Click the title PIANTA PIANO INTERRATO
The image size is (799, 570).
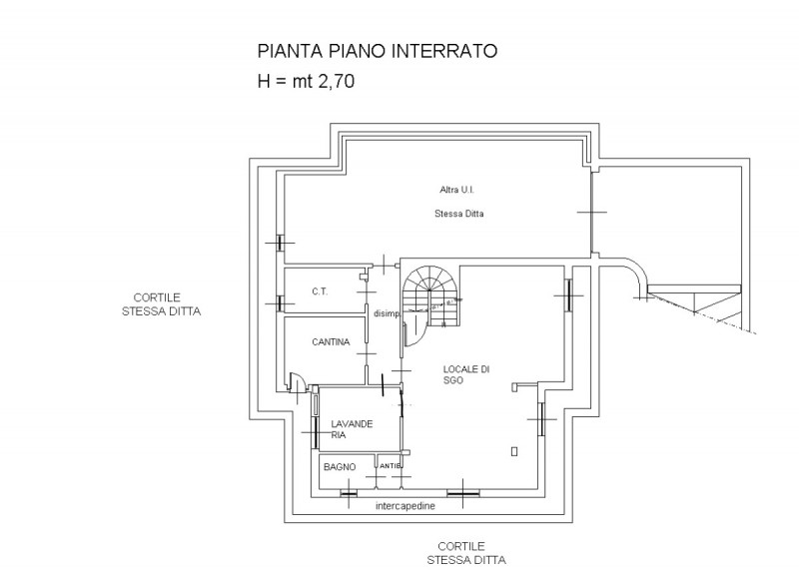pyautogui.click(x=378, y=51)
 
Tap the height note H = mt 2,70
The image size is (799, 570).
pyautogui.click(x=306, y=81)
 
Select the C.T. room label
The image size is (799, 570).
pyautogui.click(x=320, y=291)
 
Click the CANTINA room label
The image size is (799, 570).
pyautogui.click(x=331, y=342)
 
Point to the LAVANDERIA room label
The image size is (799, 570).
pyautogui.click(x=352, y=429)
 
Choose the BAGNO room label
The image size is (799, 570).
pyautogui.click(x=340, y=467)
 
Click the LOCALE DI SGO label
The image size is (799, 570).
pyautogui.click(x=465, y=374)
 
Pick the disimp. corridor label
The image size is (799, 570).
pyautogui.click(x=388, y=313)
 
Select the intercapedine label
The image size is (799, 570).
pyautogui.click(x=405, y=506)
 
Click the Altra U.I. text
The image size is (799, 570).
pyautogui.click(x=456, y=190)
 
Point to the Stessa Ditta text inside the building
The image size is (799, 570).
pyautogui.click(x=458, y=214)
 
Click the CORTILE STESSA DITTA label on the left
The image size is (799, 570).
pyautogui.click(x=161, y=304)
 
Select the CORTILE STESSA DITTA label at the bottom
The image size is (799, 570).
pyautogui.click(x=466, y=553)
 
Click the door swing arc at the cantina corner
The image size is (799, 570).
pyautogui.click(x=296, y=381)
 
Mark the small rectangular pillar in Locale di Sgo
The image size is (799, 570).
pyautogui.click(x=514, y=451)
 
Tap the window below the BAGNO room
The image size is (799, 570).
pyautogui.click(x=349, y=493)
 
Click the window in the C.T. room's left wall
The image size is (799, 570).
pyautogui.click(x=280, y=304)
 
